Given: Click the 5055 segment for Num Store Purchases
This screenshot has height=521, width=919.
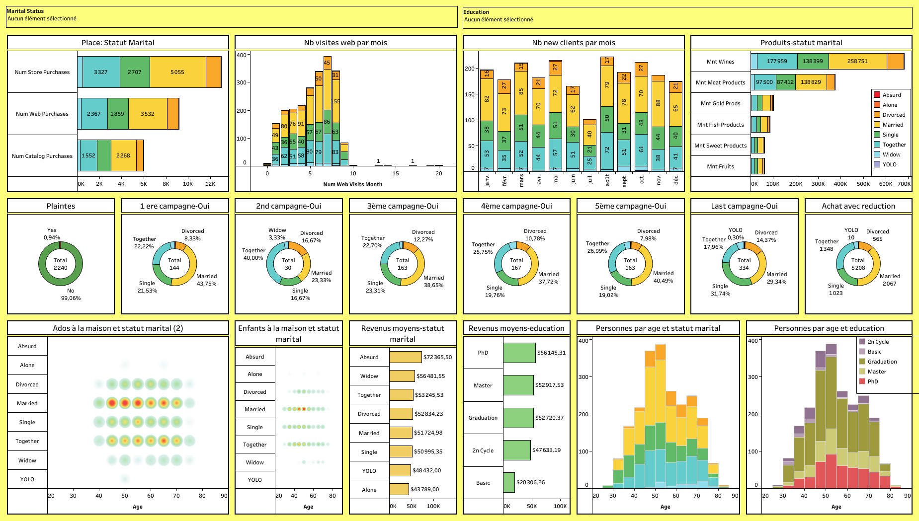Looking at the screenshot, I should (177, 72).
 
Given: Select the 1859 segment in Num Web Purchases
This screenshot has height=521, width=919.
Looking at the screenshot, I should (117, 114).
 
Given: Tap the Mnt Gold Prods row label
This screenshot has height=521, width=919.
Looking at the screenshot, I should (720, 103).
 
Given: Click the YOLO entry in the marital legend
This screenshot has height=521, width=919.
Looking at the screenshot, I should (889, 164).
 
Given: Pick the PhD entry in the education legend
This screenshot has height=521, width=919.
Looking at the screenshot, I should (872, 381).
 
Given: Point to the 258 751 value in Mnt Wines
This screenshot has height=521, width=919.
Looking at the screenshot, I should (857, 61).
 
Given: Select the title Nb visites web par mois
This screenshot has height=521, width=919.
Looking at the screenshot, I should (345, 43).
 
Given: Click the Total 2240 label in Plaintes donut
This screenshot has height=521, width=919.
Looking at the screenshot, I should (60, 264).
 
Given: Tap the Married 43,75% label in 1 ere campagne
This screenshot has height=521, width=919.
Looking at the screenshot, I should (206, 280).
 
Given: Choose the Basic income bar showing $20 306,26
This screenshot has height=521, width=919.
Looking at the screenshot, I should (508, 482).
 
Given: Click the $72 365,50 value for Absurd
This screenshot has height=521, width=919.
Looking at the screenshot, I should (437, 357).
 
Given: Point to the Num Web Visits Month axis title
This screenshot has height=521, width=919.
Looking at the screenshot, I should (352, 184).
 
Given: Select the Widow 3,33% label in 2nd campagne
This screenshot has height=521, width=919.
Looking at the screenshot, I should (277, 234).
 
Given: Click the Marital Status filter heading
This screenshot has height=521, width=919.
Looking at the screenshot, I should (25, 11).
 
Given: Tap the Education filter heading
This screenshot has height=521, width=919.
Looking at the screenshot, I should (476, 12).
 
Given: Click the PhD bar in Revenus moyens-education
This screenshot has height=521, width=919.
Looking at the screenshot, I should (519, 353).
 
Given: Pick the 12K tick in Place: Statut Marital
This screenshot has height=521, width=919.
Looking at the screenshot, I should (210, 184).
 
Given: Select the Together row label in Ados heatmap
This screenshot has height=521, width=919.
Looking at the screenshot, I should (27, 441).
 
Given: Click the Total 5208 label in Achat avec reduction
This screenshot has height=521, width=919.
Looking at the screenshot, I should (858, 264).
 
